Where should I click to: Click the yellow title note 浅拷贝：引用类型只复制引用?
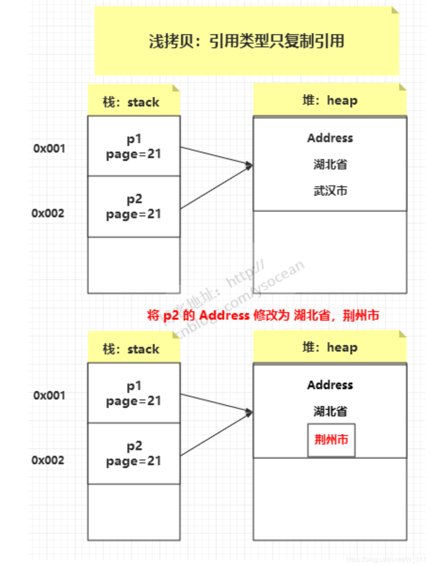[x=246, y=41]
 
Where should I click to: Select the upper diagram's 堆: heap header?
[x=329, y=100]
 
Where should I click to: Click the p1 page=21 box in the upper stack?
[x=134, y=146]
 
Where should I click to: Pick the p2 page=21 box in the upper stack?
[x=134, y=206]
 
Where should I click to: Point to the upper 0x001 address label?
[x=49, y=148]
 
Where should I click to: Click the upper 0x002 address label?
[x=48, y=213]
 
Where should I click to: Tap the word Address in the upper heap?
[x=330, y=138]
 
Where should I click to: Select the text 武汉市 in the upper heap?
[x=330, y=190]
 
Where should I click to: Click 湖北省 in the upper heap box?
[x=330, y=164]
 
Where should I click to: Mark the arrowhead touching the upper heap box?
[x=249, y=165]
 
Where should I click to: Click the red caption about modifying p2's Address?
[x=263, y=315]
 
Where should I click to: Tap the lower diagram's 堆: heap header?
[x=329, y=347]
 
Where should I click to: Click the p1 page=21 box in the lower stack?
[x=134, y=393]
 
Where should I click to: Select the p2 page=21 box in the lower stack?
[x=134, y=453]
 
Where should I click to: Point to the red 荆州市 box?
[x=331, y=440]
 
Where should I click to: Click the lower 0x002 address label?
[x=48, y=460]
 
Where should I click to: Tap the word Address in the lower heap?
[x=330, y=385]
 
